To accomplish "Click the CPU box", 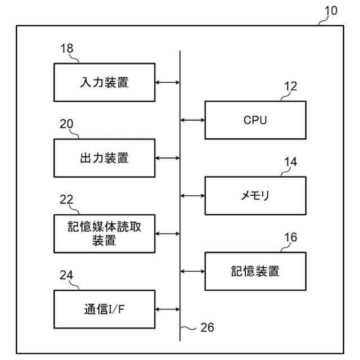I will tap(255, 120).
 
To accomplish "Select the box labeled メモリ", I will tap(255, 196).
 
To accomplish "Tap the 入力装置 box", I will tap(104, 82).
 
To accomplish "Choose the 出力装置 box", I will tap(104, 158).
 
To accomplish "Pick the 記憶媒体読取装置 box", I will tap(104, 233).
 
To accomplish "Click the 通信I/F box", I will tap(104, 309).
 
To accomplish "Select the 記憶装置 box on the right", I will tap(255, 271).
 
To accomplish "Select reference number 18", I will tap(67, 48).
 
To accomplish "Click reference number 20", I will tap(67, 124).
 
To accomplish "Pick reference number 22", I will tap(67, 200).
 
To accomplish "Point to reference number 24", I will tap(67, 275).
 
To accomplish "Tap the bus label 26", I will tap(207, 327).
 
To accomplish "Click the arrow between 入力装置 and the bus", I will tap(167, 82).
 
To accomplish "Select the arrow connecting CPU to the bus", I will tap(192, 120).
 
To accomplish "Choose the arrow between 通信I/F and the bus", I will tap(167, 309).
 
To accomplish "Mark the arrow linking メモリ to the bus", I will tap(192, 196).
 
